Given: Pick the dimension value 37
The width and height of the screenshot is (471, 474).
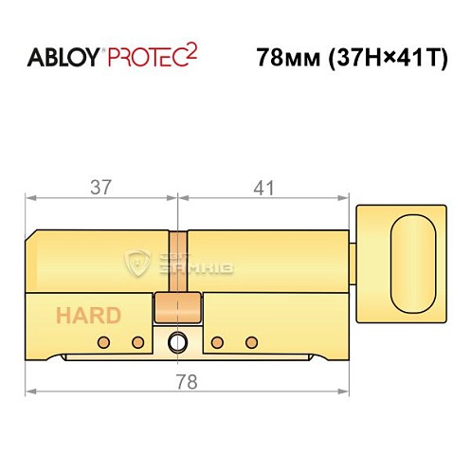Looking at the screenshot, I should coord(100,188).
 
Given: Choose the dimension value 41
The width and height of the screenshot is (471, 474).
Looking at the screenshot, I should coord(263,188).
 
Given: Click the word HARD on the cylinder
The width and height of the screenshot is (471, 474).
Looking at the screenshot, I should coord(87,316).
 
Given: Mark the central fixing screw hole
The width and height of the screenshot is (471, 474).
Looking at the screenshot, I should coord(176,343).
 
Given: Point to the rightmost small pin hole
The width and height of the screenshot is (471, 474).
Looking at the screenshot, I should coord(251,341).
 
